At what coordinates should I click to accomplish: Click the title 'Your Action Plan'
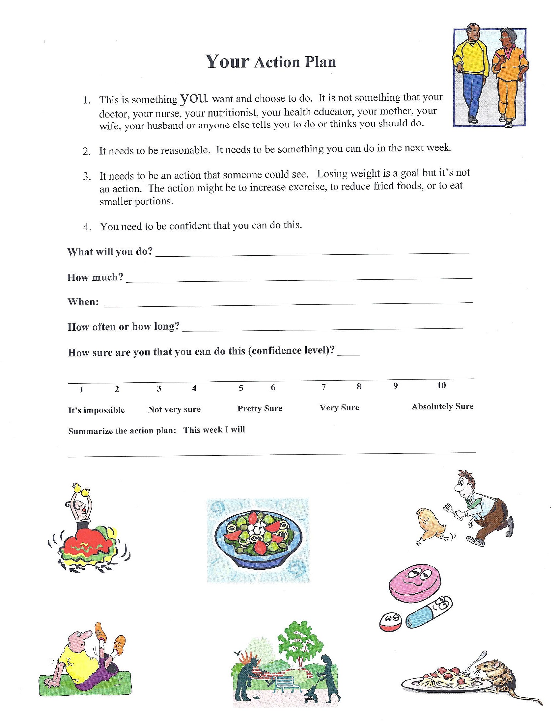pos(271,62)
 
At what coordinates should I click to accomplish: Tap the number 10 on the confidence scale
pos(441,385)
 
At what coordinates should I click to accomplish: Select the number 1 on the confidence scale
pos(82,390)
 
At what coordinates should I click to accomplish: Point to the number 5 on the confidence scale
pos(241,388)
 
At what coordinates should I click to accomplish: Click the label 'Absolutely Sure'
pos(442,406)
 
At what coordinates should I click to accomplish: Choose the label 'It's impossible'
pos(97,410)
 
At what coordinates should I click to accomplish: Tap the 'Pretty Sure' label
pos(260,408)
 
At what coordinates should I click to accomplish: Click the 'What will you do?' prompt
pos(110,252)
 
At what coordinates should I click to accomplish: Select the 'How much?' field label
pos(95,277)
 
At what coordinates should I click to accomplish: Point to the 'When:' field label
pos(83,302)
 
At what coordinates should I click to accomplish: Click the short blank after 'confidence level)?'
pos(348,354)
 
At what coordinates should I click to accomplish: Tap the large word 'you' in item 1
pos(194,98)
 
